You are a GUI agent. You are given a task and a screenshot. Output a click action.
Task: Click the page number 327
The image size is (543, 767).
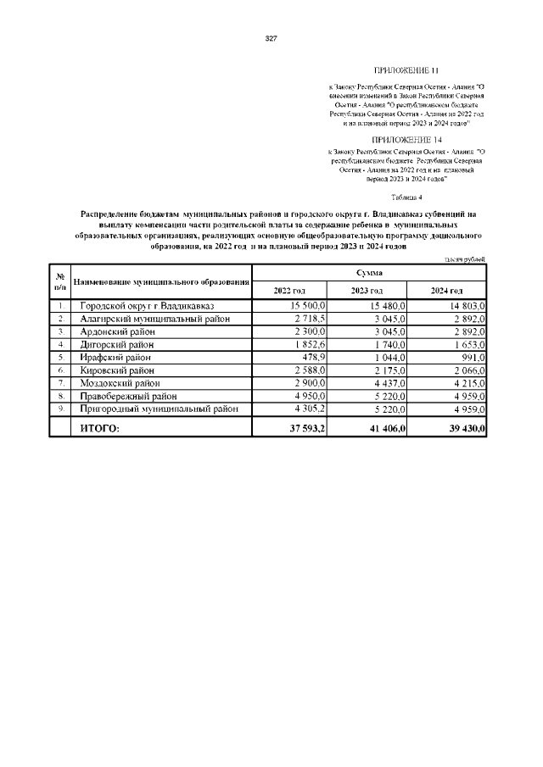(x=271, y=39)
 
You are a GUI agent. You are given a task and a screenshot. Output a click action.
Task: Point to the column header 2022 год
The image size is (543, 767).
(x=289, y=291)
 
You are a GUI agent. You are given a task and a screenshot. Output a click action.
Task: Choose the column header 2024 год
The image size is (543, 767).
(x=447, y=291)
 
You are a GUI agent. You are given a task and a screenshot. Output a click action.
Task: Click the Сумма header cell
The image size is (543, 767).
(x=368, y=273)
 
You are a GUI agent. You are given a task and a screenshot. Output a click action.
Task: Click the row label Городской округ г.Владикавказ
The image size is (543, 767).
(x=148, y=305)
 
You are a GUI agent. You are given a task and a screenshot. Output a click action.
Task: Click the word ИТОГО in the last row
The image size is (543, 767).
(x=99, y=430)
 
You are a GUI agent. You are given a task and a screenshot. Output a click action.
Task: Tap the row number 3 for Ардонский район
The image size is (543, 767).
(x=60, y=331)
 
